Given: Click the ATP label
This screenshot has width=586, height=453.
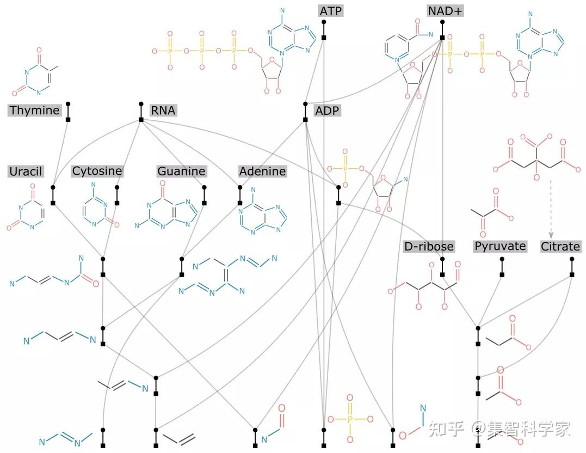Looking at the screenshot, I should [331, 11].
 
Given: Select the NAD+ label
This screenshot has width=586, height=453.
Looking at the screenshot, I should [446, 11].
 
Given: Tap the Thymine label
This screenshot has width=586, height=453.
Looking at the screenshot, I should [34, 111].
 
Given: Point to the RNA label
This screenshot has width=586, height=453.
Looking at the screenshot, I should [163, 111].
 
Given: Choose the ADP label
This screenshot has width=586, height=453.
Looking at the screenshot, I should [327, 111].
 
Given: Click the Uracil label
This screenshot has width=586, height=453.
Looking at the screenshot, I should [26, 172].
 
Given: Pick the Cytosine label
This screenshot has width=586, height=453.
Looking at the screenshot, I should [97, 171].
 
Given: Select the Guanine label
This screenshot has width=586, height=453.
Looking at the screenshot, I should [181, 172].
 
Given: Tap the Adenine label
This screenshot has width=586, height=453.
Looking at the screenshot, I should [262, 172].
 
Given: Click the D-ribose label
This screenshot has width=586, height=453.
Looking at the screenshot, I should [429, 247].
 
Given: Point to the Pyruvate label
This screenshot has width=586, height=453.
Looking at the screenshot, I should [500, 246].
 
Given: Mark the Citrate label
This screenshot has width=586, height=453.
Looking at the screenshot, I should [560, 247].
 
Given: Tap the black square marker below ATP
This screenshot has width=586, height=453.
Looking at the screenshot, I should [324, 37].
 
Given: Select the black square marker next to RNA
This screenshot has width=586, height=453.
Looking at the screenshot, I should [141, 119].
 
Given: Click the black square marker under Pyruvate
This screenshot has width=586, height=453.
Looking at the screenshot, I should [502, 274].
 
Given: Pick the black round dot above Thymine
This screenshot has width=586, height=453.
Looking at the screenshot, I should [68, 103].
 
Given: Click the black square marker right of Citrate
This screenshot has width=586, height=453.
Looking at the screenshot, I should [572, 274].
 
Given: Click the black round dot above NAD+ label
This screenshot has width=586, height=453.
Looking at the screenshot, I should [442, 22].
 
